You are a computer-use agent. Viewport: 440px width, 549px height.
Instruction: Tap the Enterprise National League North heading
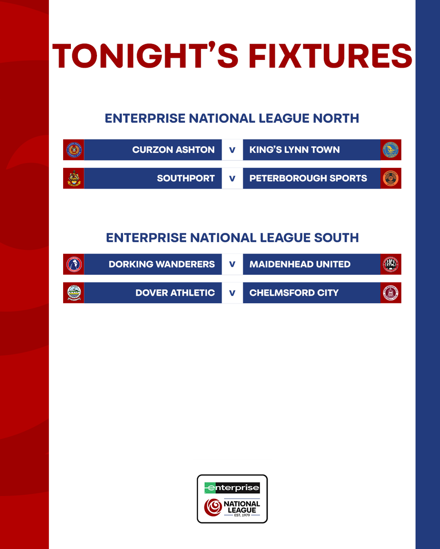coord(232,118)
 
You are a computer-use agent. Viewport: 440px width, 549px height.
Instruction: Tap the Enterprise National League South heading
coord(232,237)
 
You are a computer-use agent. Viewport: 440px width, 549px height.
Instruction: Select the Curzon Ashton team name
coord(173,150)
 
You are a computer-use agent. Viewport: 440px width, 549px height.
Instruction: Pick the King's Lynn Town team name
coord(295,150)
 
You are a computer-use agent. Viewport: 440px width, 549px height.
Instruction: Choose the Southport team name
coord(186,178)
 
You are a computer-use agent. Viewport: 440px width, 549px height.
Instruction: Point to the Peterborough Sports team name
coord(308,178)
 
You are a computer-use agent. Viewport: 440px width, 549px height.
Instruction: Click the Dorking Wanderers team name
coord(161,264)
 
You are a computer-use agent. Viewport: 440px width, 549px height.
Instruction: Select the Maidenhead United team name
coord(300,264)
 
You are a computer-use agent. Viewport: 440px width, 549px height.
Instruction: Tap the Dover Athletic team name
coord(175,292)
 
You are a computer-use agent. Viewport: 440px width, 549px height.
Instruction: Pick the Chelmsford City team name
coord(294,292)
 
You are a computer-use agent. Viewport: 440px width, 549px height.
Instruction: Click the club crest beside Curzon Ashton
coord(73,150)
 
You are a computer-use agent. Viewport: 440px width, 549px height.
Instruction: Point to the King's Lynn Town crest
coord(391,150)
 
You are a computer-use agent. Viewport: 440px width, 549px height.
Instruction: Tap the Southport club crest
coord(73,178)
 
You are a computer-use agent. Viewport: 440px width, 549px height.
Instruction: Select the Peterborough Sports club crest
coord(391,178)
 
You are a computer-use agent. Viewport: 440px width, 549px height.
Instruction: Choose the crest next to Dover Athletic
coord(73,292)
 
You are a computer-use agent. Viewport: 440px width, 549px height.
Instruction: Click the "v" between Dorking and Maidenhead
coord(232,264)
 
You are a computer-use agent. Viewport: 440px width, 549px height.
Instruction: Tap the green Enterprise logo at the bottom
coord(232,488)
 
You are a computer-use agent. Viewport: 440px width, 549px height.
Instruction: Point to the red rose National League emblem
coord(213,507)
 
